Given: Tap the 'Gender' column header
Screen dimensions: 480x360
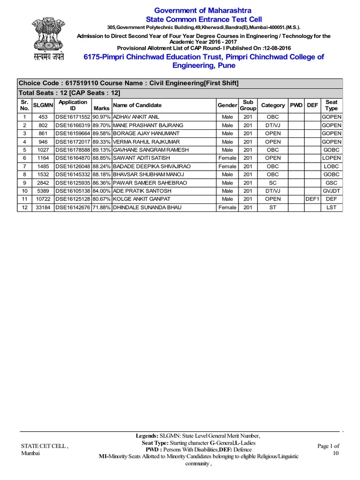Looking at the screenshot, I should tap(227, 105).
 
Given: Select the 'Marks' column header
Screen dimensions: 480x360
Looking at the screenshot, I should tap(101, 108).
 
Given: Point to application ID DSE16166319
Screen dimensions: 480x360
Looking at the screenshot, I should tap(72, 125).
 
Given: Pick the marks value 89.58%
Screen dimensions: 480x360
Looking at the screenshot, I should tap(101, 134).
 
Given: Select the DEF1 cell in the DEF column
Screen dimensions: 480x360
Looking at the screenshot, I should tap(312, 199).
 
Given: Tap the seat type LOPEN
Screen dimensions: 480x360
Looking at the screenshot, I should tap(331, 158).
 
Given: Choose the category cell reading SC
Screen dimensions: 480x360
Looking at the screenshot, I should tap(273, 183).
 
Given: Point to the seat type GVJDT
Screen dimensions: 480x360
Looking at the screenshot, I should tap(331, 191).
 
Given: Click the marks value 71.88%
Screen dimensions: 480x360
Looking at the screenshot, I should tap(101, 208).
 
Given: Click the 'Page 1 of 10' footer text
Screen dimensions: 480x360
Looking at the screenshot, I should tap(329, 449).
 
